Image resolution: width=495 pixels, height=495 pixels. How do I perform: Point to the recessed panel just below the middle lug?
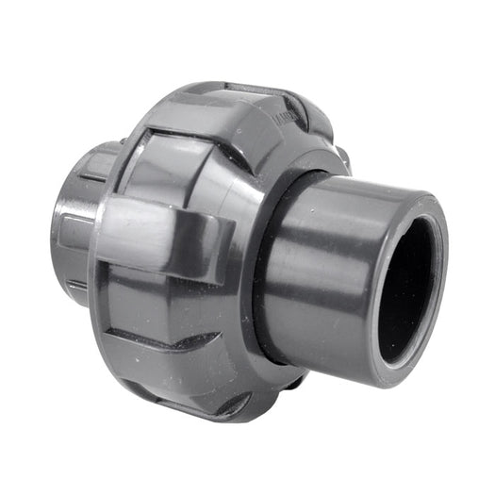pos(170,302)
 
